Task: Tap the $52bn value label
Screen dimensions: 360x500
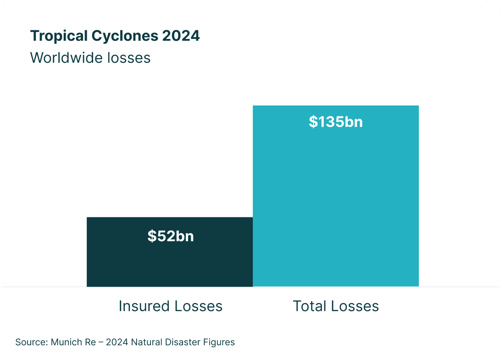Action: [171, 236]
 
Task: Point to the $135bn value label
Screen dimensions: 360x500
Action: [336, 122]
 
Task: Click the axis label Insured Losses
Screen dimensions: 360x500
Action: [171, 306]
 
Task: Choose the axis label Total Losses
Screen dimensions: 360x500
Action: [336, 306]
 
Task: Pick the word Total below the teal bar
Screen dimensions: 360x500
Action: [309, 306]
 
